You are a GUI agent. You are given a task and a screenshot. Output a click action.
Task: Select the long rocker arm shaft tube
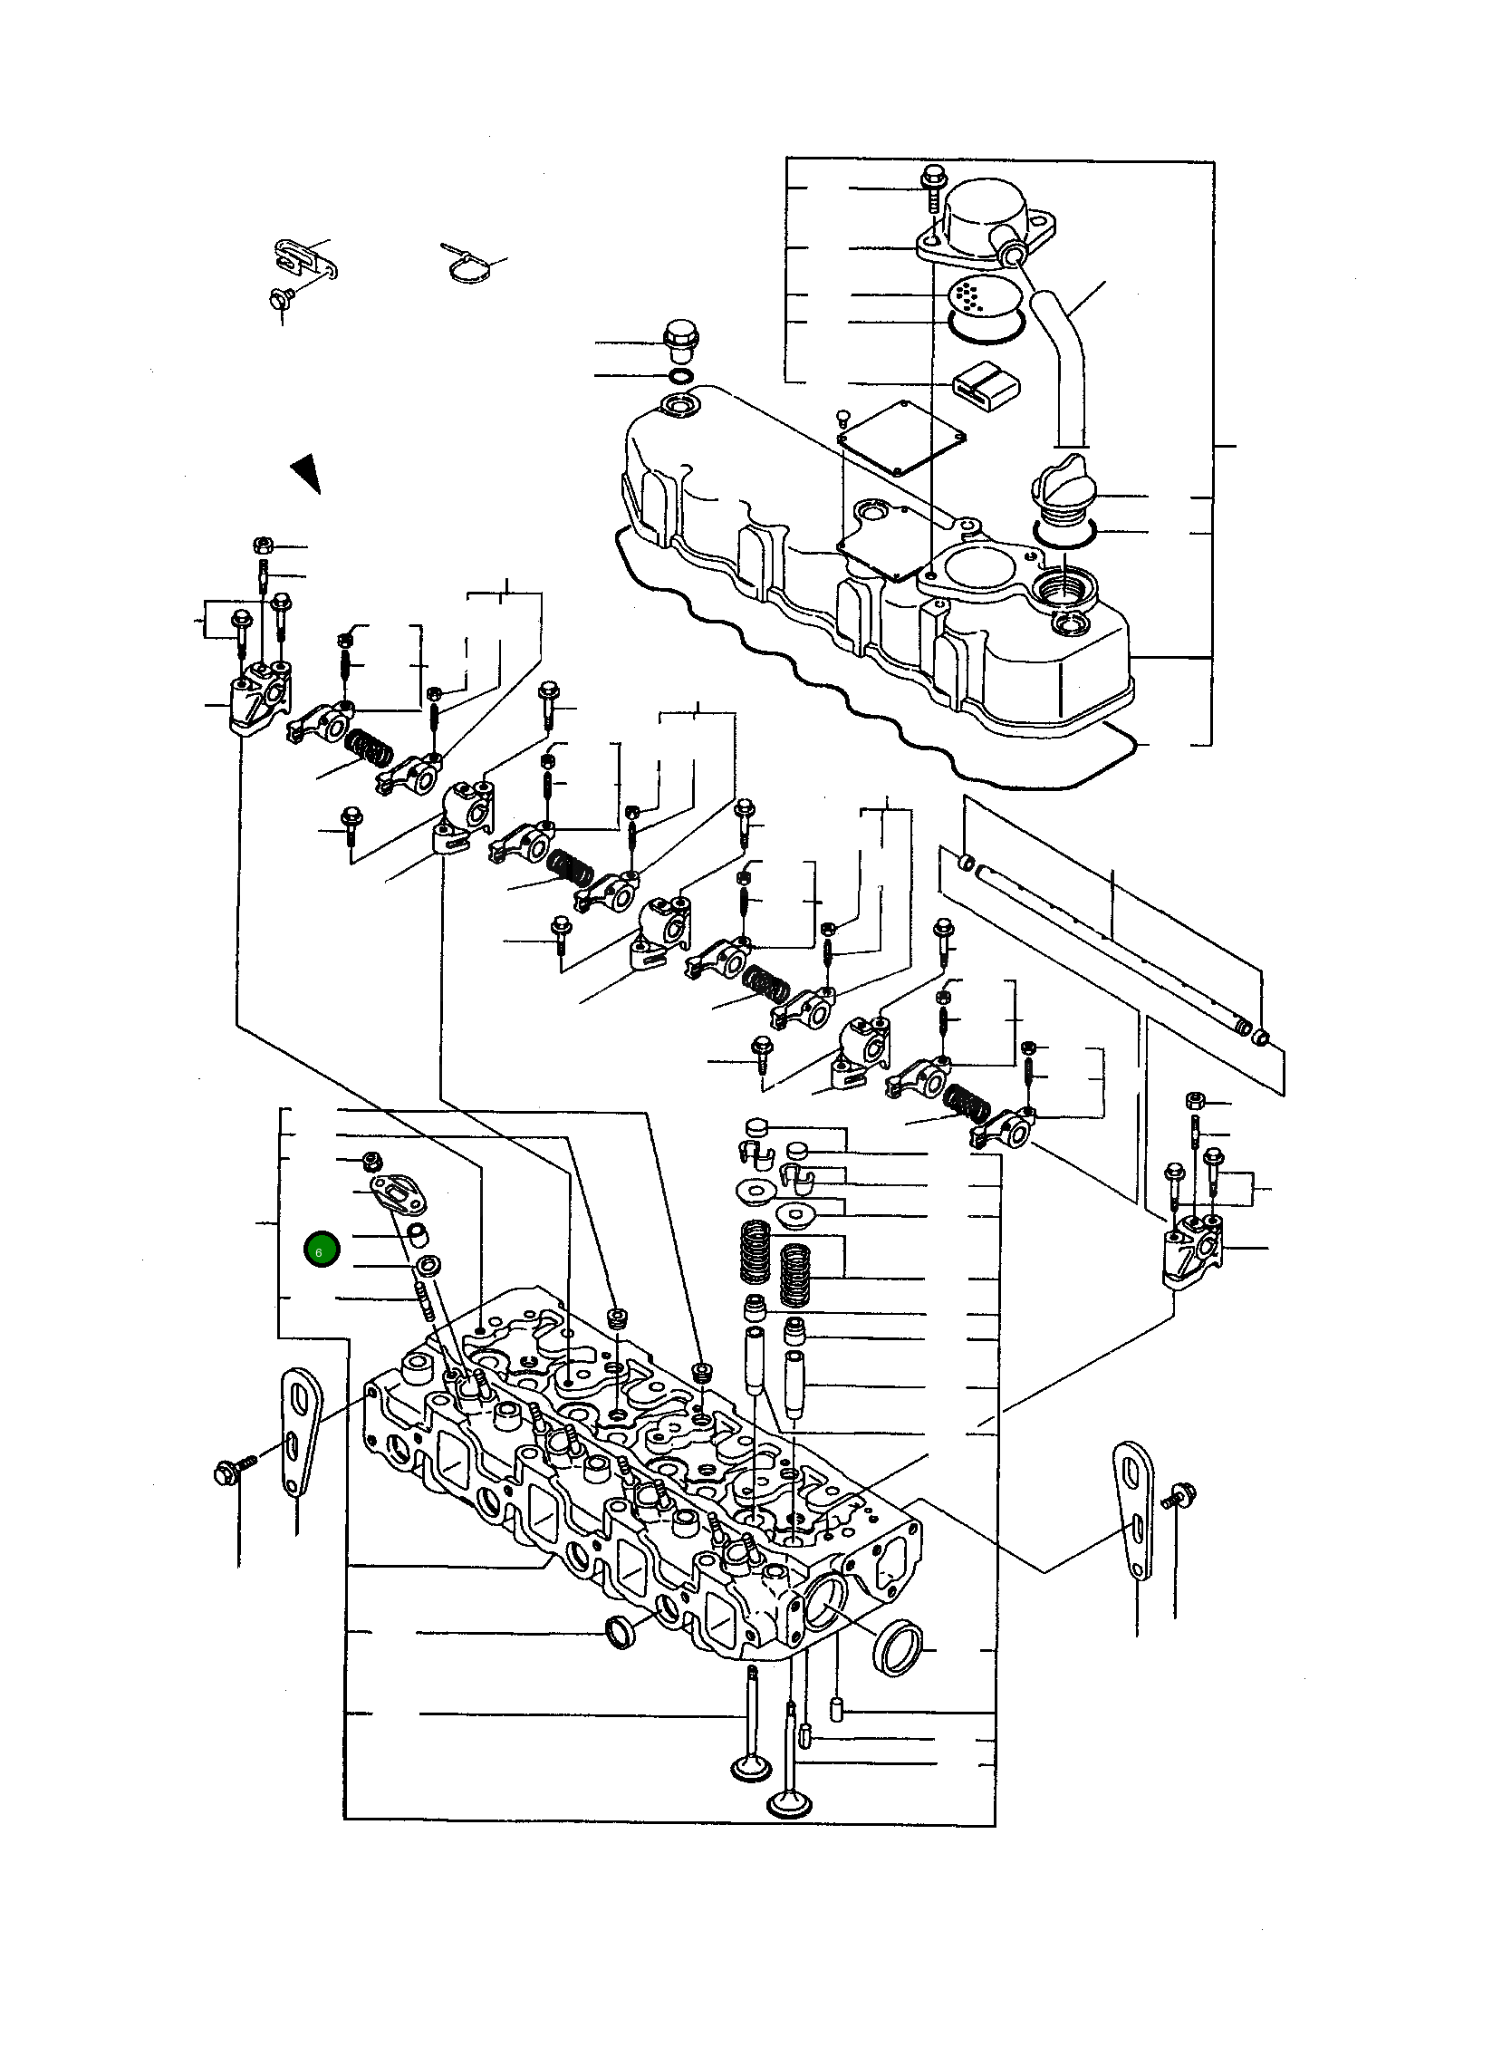pos(1112,948)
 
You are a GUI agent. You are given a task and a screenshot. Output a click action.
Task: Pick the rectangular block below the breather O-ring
pos(985,383)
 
